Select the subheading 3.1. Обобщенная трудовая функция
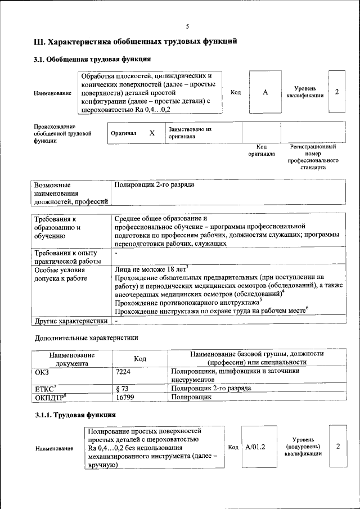[x=92, y=59]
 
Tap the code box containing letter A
[x=265, y=92]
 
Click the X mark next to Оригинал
[x=151, y=133]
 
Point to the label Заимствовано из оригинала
[x=190, y=133]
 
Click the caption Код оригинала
[x=262, y=150]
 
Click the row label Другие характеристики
[x=70, y=321]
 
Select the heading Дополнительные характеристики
[x=86, y=337]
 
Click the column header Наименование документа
[x=71, y=359]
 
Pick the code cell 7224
[x=123, y=371]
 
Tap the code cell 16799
[x=126, y=397]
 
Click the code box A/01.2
[x=255, y=447]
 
